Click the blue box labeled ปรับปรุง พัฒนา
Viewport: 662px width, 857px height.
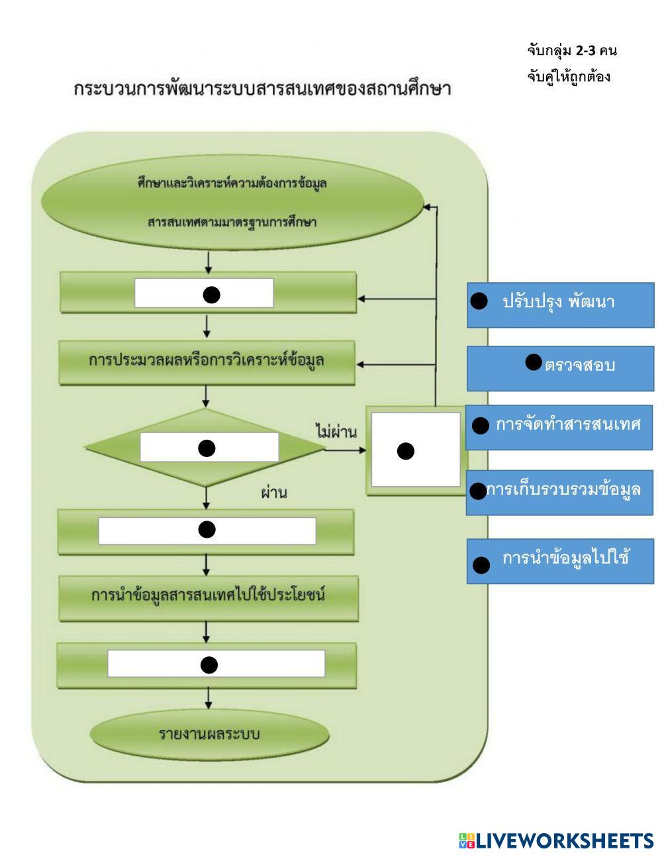point(560,305)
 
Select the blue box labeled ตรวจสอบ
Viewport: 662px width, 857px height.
point(560,368)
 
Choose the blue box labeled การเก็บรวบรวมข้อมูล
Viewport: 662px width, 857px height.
point(560,492)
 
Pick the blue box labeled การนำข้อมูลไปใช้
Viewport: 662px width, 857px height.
point(560,561)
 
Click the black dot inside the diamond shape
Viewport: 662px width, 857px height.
point(207,448)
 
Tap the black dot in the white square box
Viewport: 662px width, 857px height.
point(406,452)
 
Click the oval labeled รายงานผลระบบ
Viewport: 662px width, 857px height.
point(209,734)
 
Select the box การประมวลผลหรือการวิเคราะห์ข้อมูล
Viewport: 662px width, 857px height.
point(207,362)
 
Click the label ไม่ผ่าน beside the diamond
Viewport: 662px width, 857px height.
point(336,432)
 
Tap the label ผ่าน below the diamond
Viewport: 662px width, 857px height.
point(273,493)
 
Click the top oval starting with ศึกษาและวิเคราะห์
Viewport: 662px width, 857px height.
point(232,202)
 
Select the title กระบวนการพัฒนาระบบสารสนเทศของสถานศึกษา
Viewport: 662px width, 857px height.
point(261,89)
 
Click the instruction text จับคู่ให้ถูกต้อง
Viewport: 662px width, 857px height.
point(568,77)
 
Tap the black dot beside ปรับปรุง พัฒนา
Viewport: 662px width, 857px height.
point(479,301)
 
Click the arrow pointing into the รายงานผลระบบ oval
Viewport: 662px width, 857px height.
point(209,699)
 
